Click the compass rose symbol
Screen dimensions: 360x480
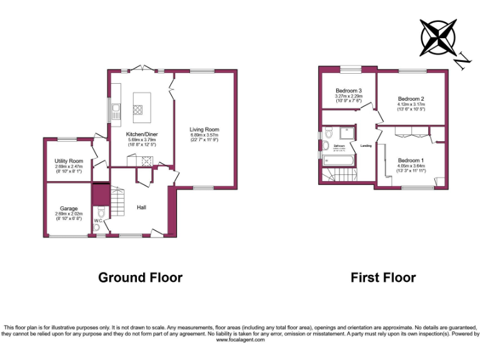pos(438,37)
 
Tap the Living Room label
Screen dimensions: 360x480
pos(204,130)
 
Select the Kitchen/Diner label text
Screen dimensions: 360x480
pos(141,134)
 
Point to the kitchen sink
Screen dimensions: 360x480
pos(116,112)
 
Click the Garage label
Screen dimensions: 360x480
pos(68,208)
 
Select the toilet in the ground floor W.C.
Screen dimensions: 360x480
pos(98,228)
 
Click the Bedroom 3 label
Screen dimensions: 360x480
pos(348,91)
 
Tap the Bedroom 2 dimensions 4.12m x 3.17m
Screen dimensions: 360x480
pos(411,104)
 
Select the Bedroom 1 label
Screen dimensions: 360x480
pos(411,160)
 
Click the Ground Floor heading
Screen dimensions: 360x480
pos(140,277)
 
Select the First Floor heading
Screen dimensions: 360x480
pos(383,277)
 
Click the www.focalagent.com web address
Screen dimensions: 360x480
pos(239,340)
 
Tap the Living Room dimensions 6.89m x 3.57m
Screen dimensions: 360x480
pos(204,136)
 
